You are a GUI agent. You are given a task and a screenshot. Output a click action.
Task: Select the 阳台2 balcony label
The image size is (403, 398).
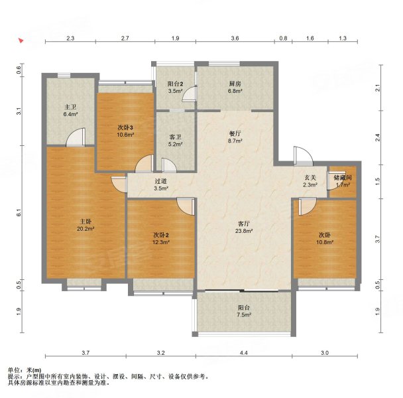[x=175, y=84]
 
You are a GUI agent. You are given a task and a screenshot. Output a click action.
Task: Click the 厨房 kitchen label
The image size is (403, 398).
[x=235, y=84]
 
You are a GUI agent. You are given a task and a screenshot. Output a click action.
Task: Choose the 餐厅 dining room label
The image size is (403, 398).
[x=235, y=133]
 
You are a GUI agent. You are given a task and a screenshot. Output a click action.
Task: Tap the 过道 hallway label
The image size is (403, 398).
[x=161, y=181]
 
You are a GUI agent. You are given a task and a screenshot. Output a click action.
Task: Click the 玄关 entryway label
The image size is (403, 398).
[x=310, y=178]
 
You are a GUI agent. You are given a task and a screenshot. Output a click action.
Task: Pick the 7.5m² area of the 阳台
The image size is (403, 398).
[x=243, y=316]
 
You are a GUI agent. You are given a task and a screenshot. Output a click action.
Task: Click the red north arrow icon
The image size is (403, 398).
[x=21, y=40]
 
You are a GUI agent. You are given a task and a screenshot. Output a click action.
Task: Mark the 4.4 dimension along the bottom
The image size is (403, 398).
[x=244, y=354]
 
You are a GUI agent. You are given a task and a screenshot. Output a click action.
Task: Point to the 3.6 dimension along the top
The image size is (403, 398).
[x=235, y=38]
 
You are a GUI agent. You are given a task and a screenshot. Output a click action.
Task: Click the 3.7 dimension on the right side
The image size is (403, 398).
[x=378, y=237]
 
